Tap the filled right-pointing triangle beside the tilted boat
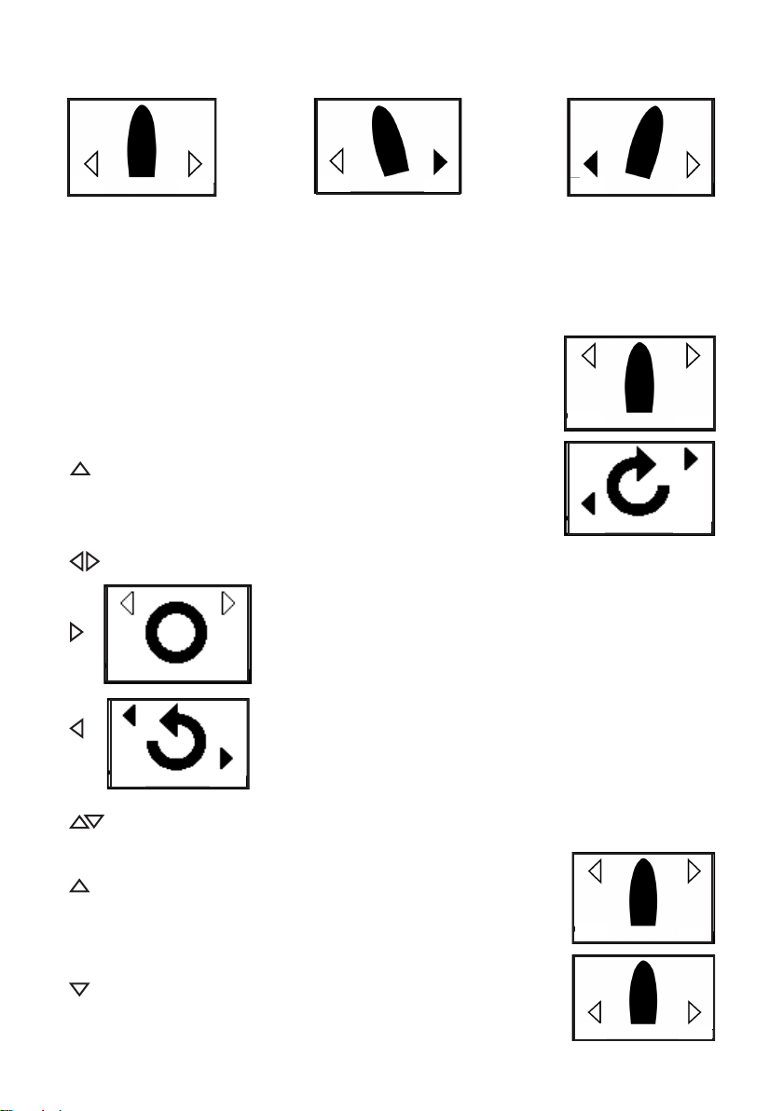coord(440,163)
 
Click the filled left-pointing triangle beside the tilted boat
coord(590,165)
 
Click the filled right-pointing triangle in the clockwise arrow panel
coord(690,459)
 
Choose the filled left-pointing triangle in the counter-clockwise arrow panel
coord(130,715)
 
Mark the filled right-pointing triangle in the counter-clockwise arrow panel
coord(225,760)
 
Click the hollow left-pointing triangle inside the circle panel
coord(129,604)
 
